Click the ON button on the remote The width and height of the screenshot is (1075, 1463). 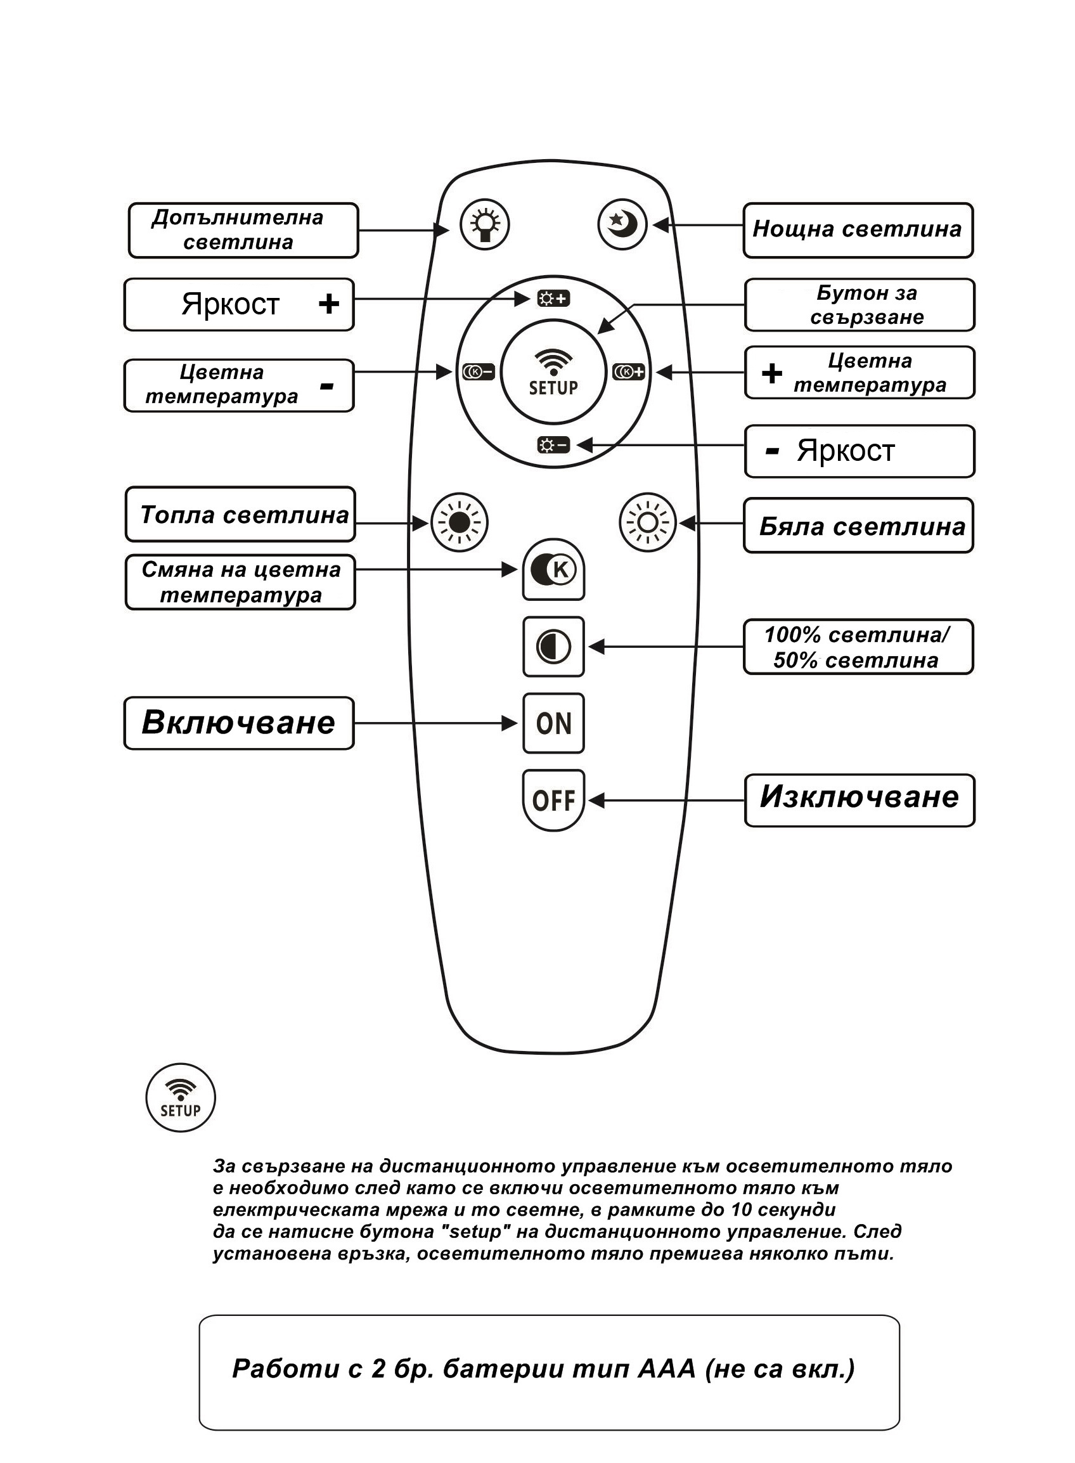[x=553, y=723]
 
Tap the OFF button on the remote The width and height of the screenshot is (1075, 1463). [x=553, y=800]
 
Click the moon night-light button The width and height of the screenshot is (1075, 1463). [x=622, y=224]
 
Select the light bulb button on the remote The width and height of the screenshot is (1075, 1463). [x=484, y=224]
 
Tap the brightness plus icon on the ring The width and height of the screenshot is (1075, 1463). [x=553, y=299]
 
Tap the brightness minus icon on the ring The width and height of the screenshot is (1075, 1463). [x=553, y=445]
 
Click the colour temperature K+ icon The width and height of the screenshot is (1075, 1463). [x=629, y=371]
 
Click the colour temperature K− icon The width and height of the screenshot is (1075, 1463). [x=479, y=371]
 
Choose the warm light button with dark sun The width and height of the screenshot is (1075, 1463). [x=460, y=522]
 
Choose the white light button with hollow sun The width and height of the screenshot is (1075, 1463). [x=648, y=522]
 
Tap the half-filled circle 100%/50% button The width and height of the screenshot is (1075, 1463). [x=553, y=647]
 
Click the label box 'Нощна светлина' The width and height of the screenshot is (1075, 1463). [x=858, y=229]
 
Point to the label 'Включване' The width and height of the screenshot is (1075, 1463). [x=239, y=723]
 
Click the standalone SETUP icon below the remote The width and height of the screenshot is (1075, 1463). [x=180, y=1099]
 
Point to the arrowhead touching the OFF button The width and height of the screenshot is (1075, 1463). [x=595, y=801]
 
